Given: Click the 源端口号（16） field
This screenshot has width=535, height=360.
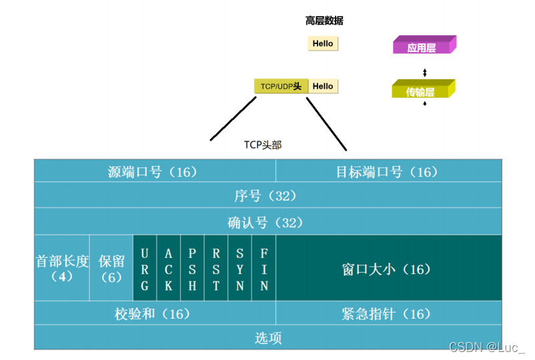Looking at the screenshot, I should pyautogui.click(x=155, y=171).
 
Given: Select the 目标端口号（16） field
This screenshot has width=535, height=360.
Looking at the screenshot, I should pyautogui.click(x=388, y=171).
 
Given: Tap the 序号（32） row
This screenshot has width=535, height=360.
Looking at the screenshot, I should pyautogui.click(x=267, y=196).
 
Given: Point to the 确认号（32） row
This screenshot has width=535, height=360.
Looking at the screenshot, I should pyautogui.click(x=267, y=222).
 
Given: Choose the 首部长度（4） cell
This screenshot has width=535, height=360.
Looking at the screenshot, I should pyautogui.click(x=62, y=268).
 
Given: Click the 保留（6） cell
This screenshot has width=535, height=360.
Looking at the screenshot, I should pyautogui.click(x=111, y=268).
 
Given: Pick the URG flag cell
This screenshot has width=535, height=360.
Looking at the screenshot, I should pyautogui.click(x=145, y=268).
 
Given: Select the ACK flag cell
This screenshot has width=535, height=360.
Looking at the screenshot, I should pyautogui.click(x=169, y=268).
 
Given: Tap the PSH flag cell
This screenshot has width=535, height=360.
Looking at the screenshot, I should pyautogui.click(x=193, y=268).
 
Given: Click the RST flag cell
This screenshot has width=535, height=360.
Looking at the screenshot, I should pyautogui.click(x=216, y=268).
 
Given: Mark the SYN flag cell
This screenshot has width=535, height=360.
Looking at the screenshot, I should pyautogui.click(x=240, y=268).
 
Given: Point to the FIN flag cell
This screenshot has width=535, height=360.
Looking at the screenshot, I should pyautogui.click(x=264, y=268).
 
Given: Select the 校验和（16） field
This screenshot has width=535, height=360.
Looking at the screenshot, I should pyautogui.click(x=155, y=313).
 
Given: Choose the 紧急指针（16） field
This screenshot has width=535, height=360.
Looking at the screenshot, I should pyautogui.click(x=388, y=313).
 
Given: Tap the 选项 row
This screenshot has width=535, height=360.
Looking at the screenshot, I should pyautogui.click(x=267, y=337).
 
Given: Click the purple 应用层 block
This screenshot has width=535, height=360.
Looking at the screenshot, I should pyautogui.click(x=423, y=46).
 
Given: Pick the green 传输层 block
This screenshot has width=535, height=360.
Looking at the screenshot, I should pyautogui.click(x=422, y=90).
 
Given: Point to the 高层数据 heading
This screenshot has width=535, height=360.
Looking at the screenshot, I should pyautogui.click(x=324, y=21).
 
